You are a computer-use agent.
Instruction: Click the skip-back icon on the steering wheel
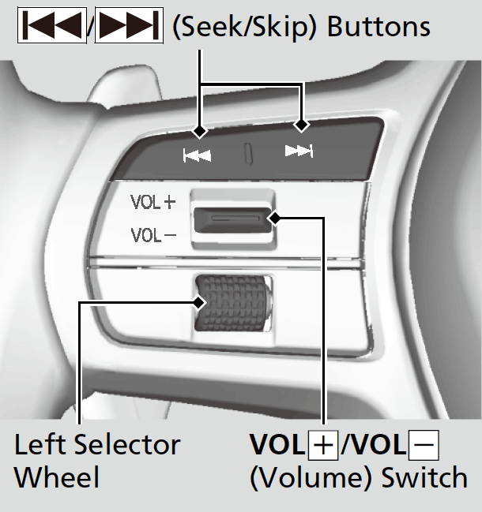click(197, 155)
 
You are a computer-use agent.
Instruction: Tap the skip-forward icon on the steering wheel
click(299, 151)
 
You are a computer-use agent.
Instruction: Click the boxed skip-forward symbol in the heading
click(129, 27)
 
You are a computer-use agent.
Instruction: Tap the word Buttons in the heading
click(378, 27)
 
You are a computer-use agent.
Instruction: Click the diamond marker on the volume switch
click(273, 218)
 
